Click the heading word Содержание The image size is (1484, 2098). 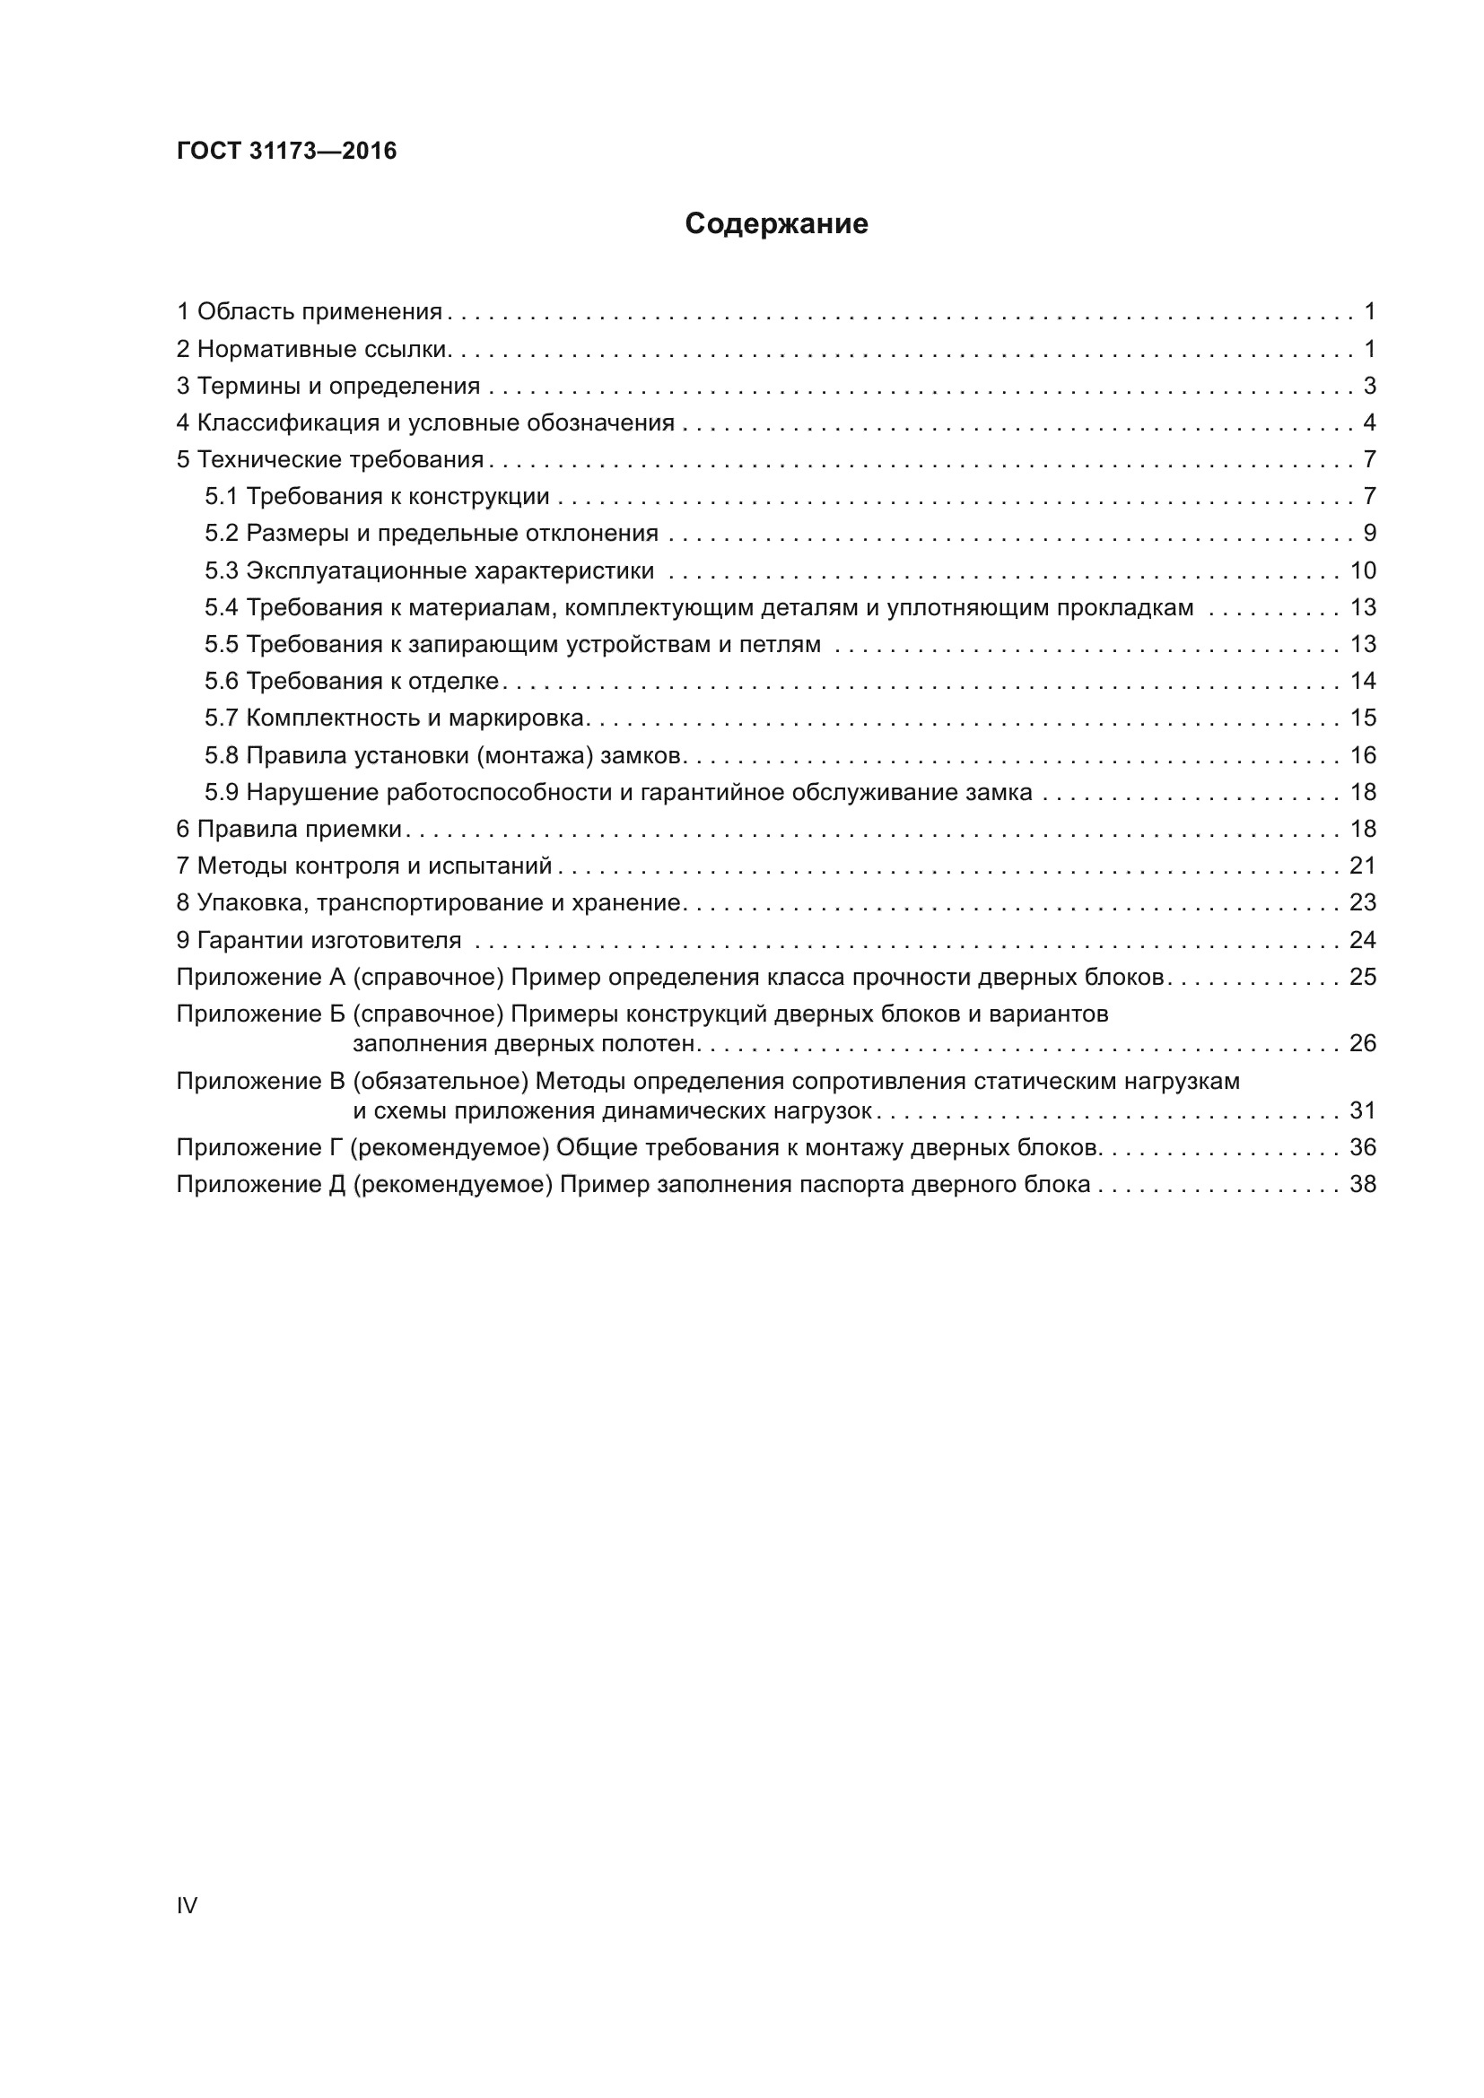tap(776, 224)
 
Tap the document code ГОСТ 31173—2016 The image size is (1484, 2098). tap(287, 151)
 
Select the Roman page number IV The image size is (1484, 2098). tap(187, 1905)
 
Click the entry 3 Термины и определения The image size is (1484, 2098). tap(328, 386)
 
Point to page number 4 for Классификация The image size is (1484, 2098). tap(1369, 422)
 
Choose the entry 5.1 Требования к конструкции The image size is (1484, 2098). tap(377, 496)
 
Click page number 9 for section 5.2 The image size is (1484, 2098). tap(1369, 533)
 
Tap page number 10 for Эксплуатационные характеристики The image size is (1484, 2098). tap(1363, 570)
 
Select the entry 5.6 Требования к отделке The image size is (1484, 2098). tap(352, 681)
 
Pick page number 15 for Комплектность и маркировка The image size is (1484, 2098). tap(1363, 718)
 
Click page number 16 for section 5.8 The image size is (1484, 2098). tap(1363, 754)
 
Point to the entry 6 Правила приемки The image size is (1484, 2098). tap(289, 829)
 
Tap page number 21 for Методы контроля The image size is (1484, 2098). tap(1363, 866)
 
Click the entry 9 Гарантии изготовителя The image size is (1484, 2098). tap(319, 939)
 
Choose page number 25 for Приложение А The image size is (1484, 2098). tap(1363, 977)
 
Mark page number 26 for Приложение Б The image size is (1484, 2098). tap(1363, 1042)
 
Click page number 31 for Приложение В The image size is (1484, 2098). tap(1363, 1110)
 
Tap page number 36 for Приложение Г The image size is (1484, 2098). tap(1363, 1147)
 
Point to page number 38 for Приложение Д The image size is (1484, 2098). tap(1363, 1184)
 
